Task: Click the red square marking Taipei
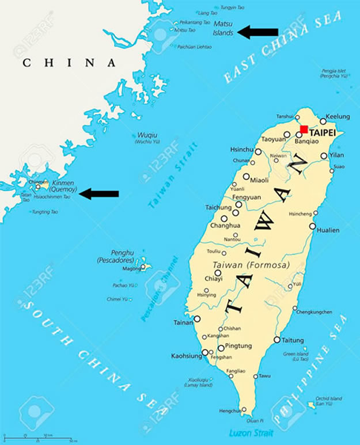tap(304, 130)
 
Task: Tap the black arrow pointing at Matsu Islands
tap(258, 32)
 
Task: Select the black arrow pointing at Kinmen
tap(98, 193)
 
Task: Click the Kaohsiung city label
tap(185, 356)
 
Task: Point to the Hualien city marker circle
tap(313, 226)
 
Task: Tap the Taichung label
tap(218, 207)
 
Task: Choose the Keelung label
tap(338, 116)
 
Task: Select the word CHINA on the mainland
tap(69, 63)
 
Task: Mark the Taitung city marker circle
tap(277, 340)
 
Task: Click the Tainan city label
tap(183, 323)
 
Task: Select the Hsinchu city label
tap(241, 150)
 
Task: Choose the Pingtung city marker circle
tap(221, 348)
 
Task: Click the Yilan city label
tap(336, 155)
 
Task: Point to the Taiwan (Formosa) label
tap(252, 265)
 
